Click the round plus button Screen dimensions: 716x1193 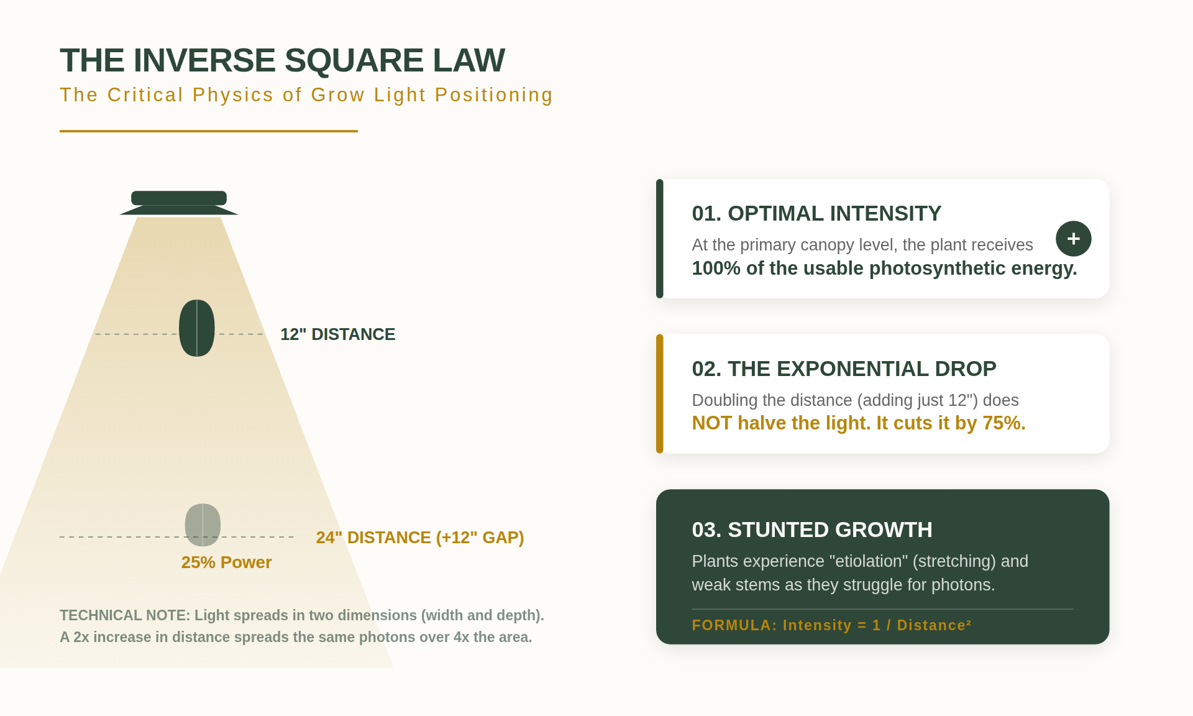[x=1073, y=239]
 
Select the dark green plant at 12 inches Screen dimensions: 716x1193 [x=196, y=328]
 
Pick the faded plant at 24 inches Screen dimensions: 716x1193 [x=203, y=525]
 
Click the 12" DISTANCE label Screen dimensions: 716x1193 [x=337, y=334]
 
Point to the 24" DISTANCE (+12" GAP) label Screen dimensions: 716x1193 [x=419, y=538]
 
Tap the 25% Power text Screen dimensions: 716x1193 [x=226, y=562]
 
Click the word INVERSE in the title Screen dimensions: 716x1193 [x=204, y=60]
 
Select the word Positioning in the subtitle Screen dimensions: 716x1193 [x=493, y=95]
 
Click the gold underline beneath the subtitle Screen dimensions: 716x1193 [x=208, y=131]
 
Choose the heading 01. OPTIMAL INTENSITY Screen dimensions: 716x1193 [x=816, y=214]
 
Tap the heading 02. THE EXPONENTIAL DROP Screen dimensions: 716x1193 [x=843, y=369]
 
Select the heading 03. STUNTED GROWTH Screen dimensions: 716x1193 [x=811, y=530]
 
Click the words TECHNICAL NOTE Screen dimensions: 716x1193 [x=124, y=615]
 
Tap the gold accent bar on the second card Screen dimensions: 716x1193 [x=660, y=394]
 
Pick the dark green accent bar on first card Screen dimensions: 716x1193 [x=660, y=239]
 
